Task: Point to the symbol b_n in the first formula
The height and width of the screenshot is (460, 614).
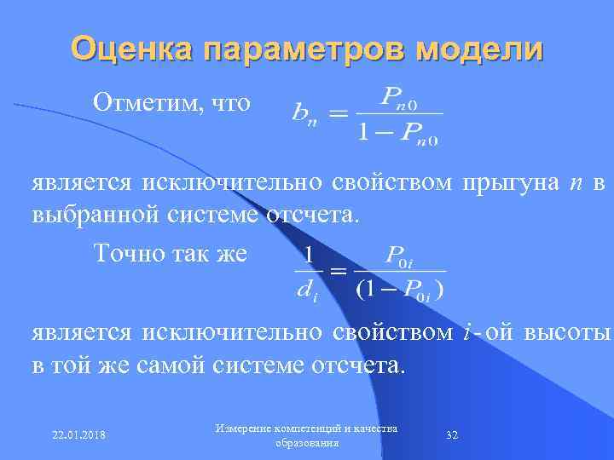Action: [302, 112]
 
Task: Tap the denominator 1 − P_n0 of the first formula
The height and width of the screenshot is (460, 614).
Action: [398, 133]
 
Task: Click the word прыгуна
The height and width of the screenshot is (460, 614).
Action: [507, 182]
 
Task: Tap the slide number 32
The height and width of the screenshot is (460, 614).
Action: [453, 435]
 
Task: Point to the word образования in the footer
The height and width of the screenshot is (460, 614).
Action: [308, 443]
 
